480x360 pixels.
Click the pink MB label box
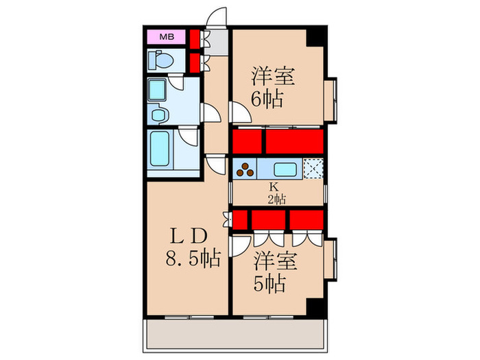[x=167, y=37]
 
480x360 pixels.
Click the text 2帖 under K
[x=277, y=199]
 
